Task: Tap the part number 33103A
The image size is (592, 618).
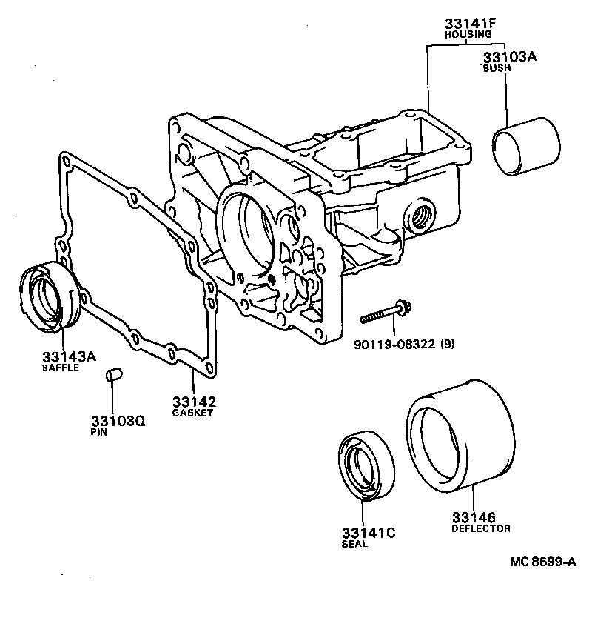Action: point(509,56)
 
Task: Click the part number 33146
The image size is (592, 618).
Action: point(474,516)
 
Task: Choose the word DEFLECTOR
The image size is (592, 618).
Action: point(480,528)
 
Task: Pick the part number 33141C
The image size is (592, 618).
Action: point(369,533)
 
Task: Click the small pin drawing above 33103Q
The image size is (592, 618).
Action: point(113,375)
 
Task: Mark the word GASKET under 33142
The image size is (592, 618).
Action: point(192,413)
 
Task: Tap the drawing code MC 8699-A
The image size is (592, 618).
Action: point(542,562)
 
